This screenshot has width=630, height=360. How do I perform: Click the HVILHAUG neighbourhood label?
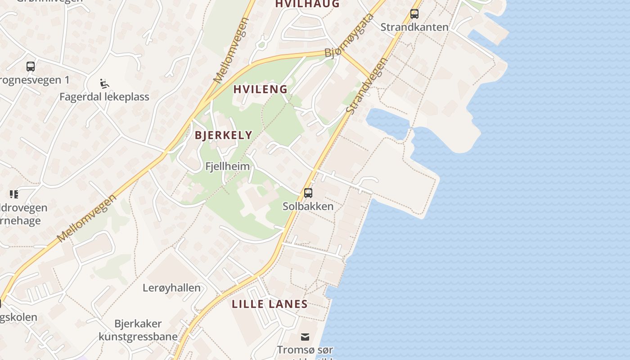[307, 4]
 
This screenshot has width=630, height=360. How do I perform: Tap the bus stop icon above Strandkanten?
[414, 14]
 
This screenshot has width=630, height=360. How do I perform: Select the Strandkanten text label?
[414, 27]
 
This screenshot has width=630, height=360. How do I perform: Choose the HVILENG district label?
[261, 89]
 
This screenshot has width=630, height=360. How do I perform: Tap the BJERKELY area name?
[224, 135]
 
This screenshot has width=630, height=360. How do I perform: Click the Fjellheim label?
[227, 166]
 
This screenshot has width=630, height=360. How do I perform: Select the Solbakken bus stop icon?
[308, 193]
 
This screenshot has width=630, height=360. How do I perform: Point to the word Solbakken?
[308, 206]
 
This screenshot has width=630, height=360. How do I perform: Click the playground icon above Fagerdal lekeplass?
[104, 84]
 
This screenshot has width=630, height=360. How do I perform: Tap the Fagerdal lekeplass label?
[104, 97]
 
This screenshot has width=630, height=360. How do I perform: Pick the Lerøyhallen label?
[171, 288]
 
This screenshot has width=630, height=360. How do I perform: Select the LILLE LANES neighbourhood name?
[270, 304]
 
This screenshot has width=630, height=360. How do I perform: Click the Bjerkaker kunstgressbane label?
[138, 330]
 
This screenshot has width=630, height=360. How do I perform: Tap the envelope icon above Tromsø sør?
[305, 337]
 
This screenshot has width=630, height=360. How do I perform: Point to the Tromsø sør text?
[305, 350]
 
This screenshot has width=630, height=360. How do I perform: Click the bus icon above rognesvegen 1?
[31, 67]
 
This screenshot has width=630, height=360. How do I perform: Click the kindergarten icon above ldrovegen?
[14, 194]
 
